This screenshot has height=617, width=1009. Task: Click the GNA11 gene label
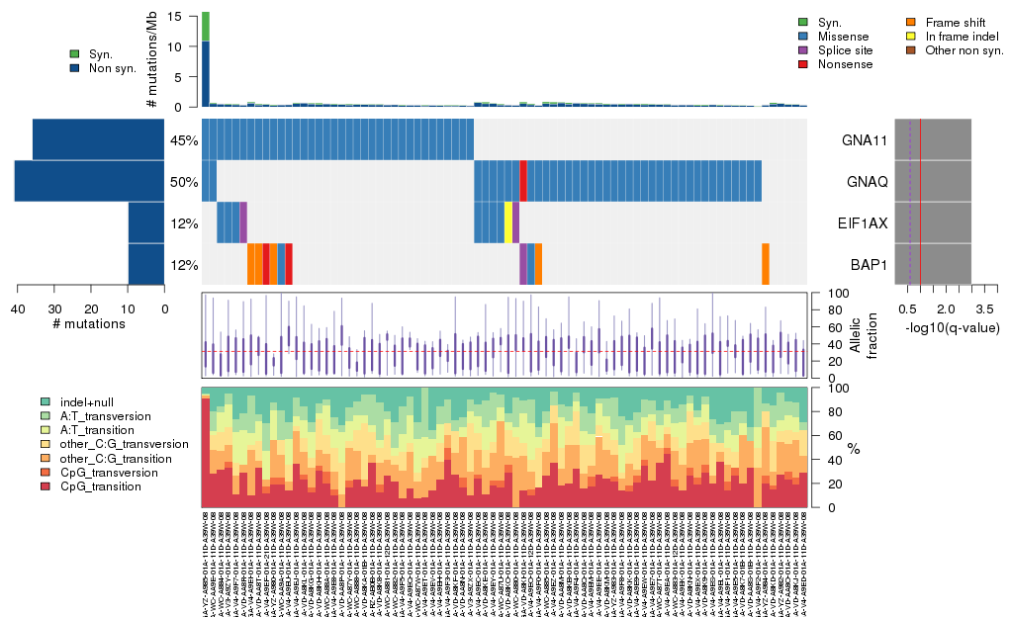coord(865,140)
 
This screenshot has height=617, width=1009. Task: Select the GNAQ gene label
coord(866,182)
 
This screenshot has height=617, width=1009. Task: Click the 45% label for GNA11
coord(184,140)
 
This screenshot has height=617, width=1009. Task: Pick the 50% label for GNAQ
coord(184,182)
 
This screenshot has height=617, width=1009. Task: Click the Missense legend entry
coord(842,36)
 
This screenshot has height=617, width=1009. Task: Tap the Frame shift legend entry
coord(957,22)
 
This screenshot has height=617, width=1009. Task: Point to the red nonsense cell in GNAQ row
coord(523,180)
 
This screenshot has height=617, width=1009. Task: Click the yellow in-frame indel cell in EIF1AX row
coord(508,221)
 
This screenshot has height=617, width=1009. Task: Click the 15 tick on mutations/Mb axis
coord(176,17)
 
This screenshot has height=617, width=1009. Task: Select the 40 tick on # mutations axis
coord(18,308)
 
